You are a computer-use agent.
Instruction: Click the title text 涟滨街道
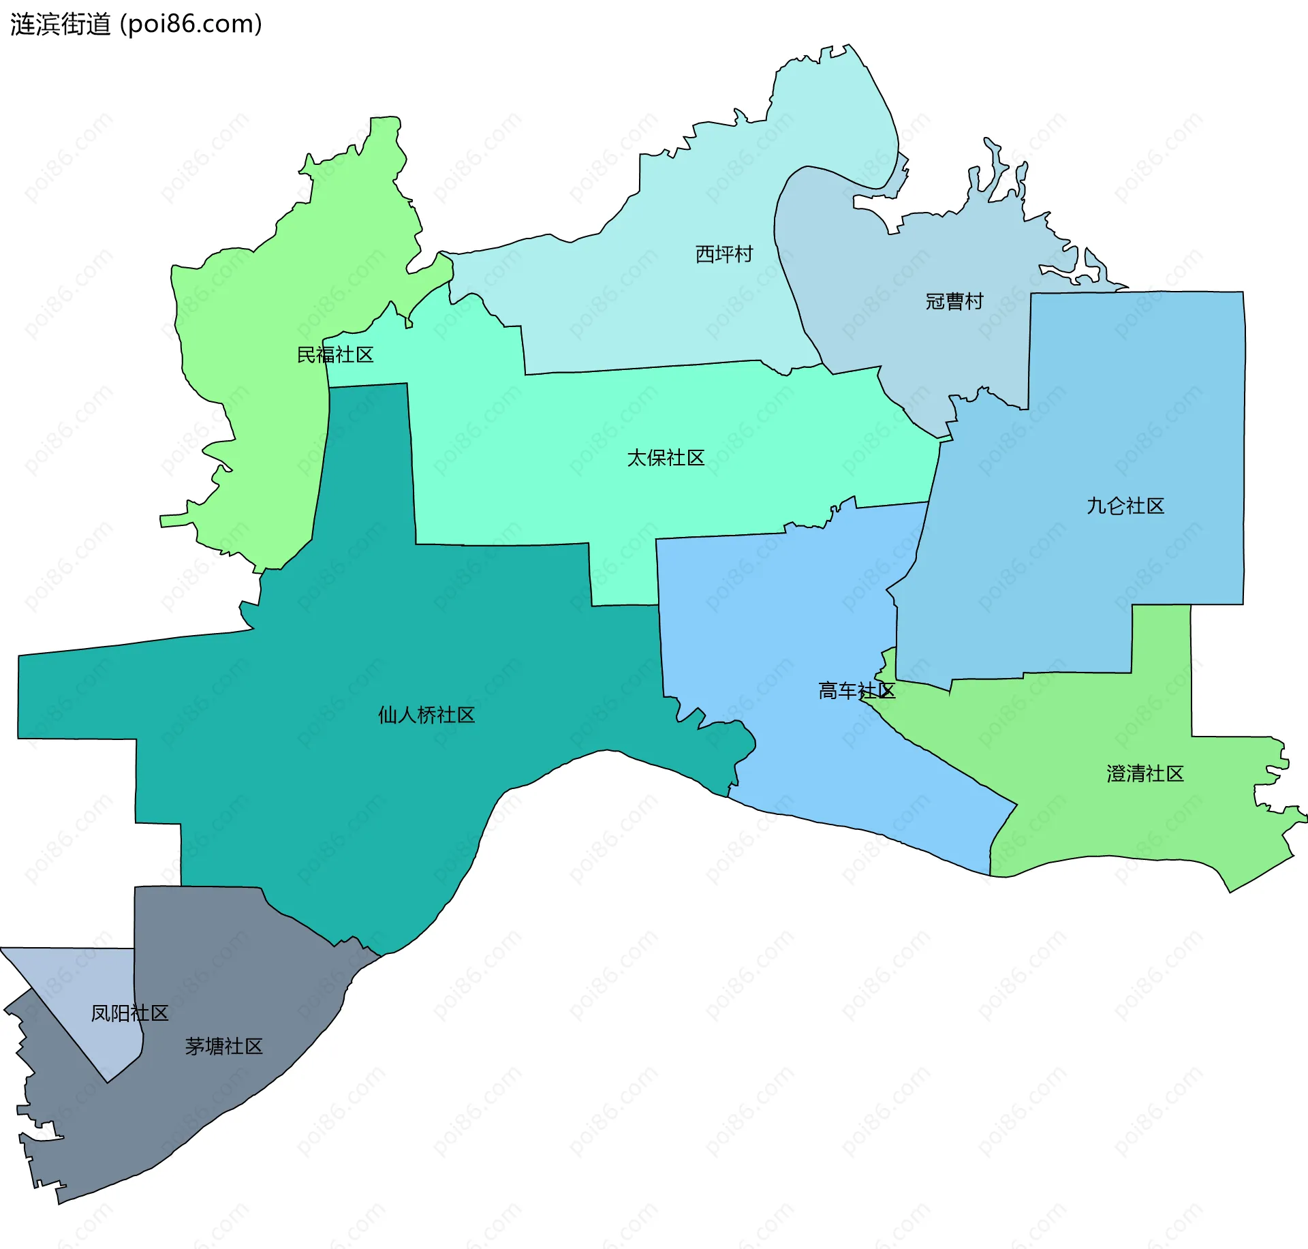[x=60, y=25]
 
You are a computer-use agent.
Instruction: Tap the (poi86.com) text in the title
[x=191, y=25]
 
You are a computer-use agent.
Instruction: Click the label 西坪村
[x=724, y=254]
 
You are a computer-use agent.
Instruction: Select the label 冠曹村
[x=954, y=301]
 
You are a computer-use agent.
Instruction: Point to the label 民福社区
[x=335, y=355]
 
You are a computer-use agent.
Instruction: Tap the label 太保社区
[x=666, y=458]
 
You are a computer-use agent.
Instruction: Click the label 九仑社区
[x=1125, y=506]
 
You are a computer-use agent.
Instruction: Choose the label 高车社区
[x=856, y=691]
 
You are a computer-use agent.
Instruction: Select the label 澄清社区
[x=1145, y=774]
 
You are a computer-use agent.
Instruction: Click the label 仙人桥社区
[x=426, y=715]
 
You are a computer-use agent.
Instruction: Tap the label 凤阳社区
[x=129, y=1013]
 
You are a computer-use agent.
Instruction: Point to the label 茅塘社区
[x=223, y=1047]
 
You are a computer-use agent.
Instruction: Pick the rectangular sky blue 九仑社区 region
[x=1124, y=409]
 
